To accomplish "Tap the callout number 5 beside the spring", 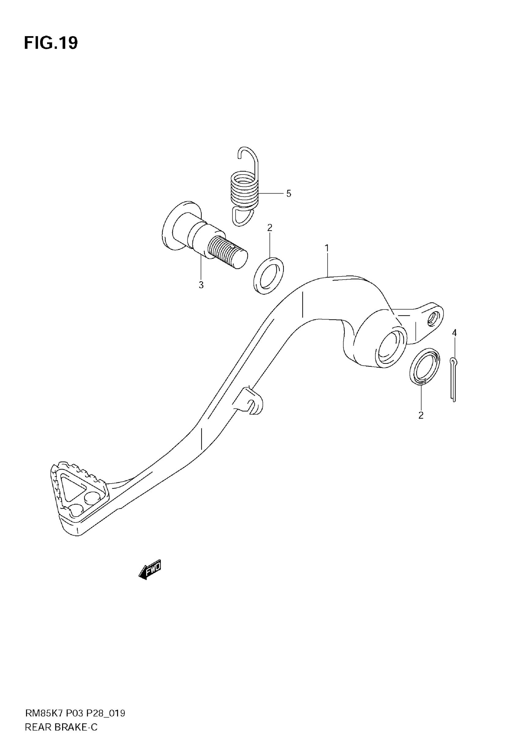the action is (x=288, y=194).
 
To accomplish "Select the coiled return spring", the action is (x=244, y=192).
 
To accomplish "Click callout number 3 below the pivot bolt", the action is (x=201, y=285).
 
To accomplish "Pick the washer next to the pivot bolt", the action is (x=269, y=276).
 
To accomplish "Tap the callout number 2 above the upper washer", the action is (x=270, y=228).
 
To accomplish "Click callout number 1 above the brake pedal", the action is (x=327, y=248).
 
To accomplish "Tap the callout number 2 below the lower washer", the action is (x=421, y=416).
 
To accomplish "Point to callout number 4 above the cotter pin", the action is (x=454, y=333).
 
